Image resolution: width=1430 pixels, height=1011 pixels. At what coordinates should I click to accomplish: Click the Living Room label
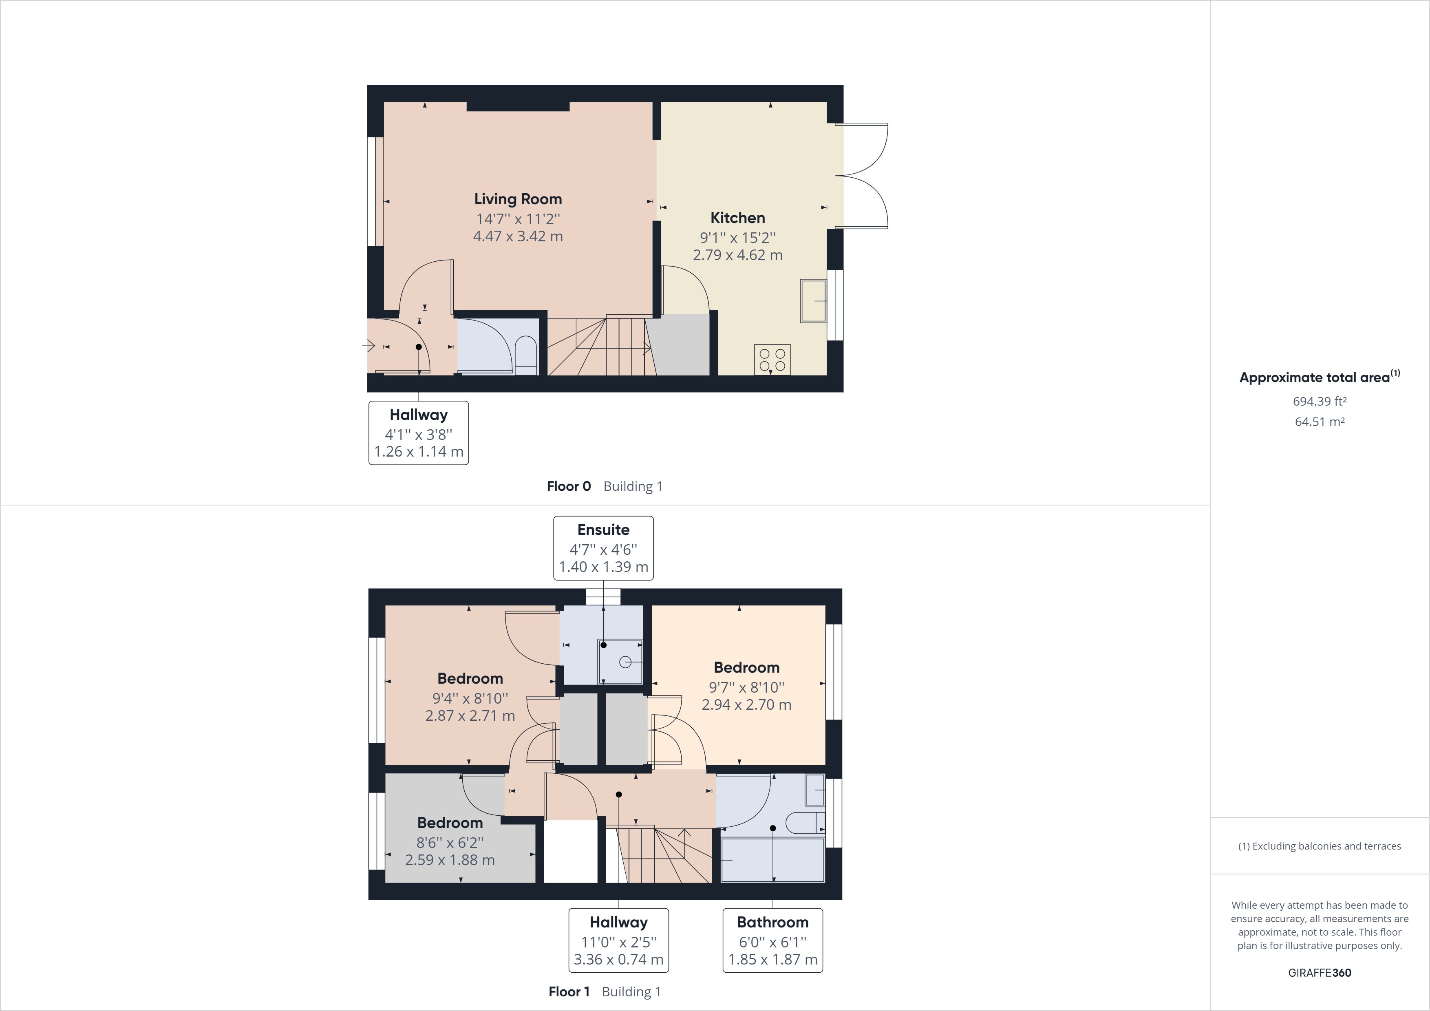coord(518,199)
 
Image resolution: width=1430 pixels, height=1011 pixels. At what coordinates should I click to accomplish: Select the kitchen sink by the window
coord(813,301)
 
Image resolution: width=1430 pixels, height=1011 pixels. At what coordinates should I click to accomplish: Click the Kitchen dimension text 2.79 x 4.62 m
coord(737,255)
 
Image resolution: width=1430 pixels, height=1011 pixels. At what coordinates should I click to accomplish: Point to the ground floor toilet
coord(526,357)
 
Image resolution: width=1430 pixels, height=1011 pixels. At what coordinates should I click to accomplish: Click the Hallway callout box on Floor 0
coord(419,433)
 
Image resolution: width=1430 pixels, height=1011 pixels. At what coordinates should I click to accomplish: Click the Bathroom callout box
coord(772,940)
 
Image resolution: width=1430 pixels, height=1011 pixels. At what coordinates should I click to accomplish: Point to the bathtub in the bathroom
coord(772,860)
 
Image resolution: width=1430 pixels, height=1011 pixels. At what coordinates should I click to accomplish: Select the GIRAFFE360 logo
coord(1319,972)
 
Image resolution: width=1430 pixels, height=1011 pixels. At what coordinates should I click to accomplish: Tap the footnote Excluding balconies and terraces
coord(1319,846)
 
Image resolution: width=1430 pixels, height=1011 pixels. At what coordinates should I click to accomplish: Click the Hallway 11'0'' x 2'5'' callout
coord(618,940)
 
